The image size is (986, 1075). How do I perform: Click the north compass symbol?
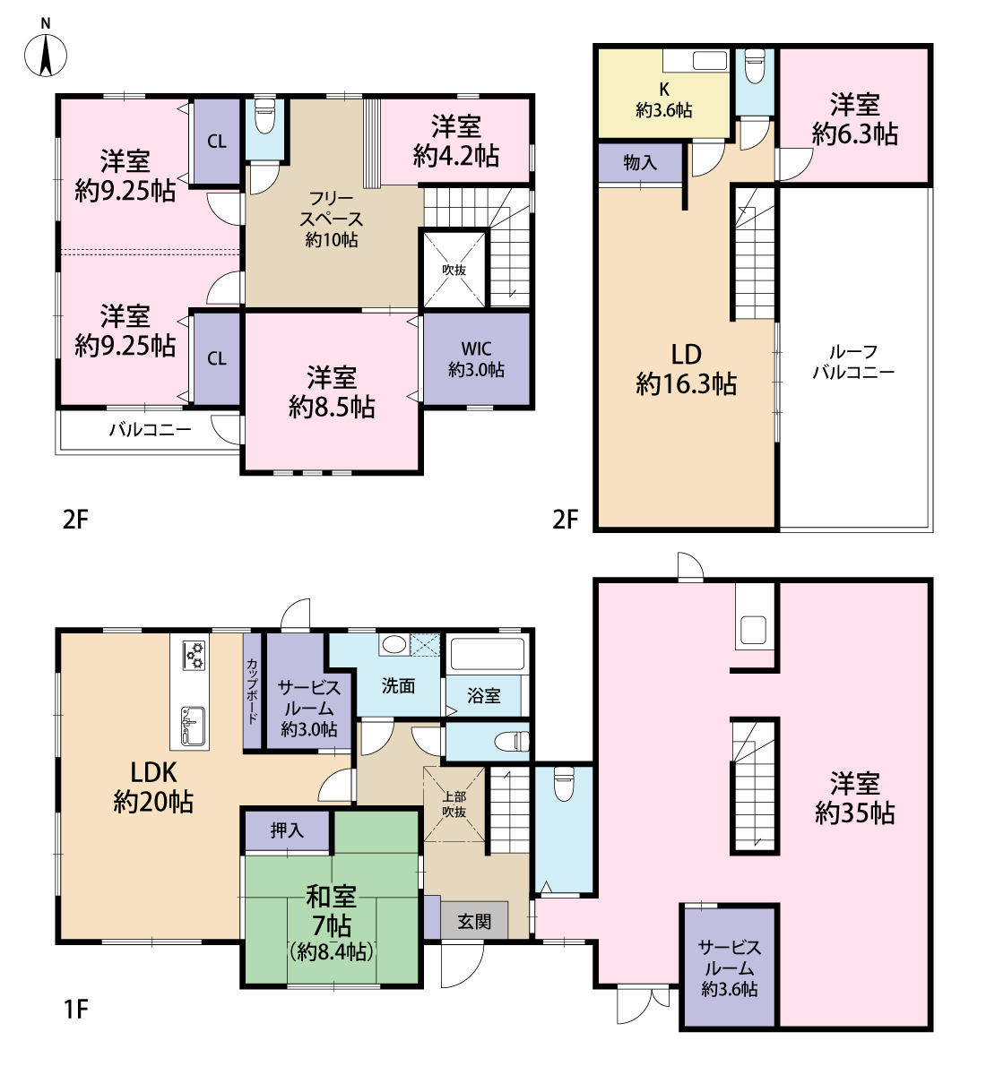[x=46, y=55]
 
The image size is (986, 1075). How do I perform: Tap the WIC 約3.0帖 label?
[x=476, y=359]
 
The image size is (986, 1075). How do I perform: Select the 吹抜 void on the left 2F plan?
[x=454, y=270]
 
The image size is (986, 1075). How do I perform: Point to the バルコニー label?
[x=151, y=430]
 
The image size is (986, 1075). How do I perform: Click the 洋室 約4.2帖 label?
[x=456, y=142]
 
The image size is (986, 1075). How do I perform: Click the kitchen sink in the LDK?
[x=193, y=727]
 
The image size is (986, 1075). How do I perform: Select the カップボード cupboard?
[x=252, y=692]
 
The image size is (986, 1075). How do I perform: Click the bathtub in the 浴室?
[x=487, y=653]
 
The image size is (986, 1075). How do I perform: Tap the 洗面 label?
[x=398, y=685]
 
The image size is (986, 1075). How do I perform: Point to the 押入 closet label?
[x=287, y=830]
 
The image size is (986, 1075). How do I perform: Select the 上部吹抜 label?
[x=454, y=804]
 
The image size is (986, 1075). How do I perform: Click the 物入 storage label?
[x=640, y=162]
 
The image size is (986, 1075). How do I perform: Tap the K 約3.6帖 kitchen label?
[x=664, y=99]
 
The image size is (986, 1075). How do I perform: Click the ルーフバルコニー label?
[x=853, y=362]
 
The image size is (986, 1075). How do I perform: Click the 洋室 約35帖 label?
[x=854, y=798]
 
